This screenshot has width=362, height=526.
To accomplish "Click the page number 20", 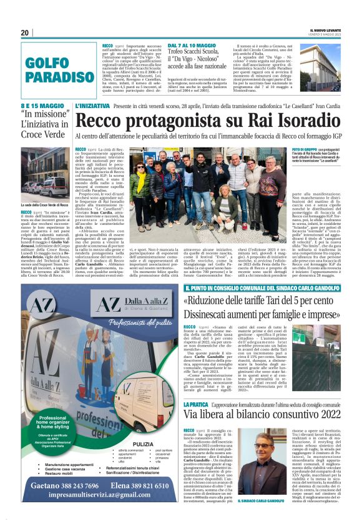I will (x=25, y=32).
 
